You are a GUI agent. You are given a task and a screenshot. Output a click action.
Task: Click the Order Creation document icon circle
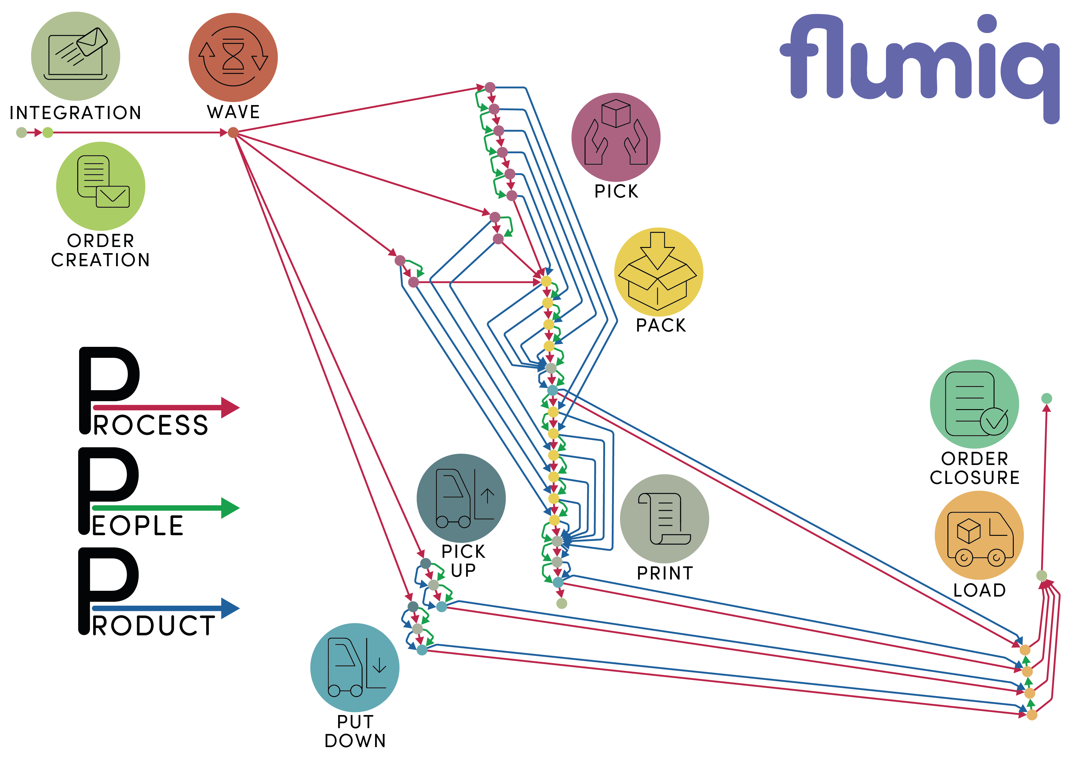100,186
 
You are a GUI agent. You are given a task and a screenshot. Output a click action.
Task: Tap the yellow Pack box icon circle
658,272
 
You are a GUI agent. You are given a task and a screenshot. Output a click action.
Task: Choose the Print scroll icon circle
664,518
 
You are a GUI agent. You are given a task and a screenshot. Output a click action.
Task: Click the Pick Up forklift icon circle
461,498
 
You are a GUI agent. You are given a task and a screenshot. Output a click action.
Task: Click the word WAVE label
233,112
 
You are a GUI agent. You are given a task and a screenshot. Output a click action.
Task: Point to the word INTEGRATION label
75,113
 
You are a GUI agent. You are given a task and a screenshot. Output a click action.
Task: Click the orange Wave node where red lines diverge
233,133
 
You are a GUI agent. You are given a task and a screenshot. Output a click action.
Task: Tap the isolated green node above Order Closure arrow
1046,398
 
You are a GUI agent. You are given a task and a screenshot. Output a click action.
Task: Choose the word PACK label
661,325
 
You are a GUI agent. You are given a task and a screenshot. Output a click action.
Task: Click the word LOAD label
979,590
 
